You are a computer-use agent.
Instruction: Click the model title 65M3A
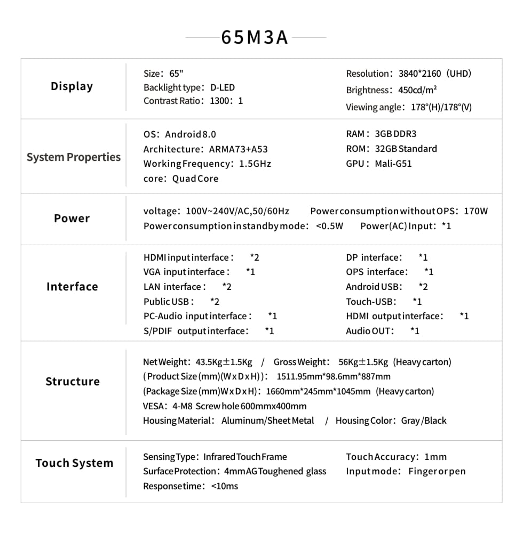(x=255, y=38)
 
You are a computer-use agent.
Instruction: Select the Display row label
(x=72, y=86)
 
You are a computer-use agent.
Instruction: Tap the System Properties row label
(x=74, y=157)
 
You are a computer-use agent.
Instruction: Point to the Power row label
(x=72, y=219)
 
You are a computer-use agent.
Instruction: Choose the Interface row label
(x=72, y=287)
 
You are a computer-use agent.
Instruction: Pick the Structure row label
(x=73, y=382)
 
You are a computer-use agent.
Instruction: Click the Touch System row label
(x=74, y=463)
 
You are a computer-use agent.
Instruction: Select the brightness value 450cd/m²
(x=418, y=90)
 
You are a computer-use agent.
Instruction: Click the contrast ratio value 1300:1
(x=226, y=101)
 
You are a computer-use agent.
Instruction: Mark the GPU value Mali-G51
(x=393, y=164)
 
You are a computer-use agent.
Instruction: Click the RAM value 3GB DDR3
(x=395, y=134)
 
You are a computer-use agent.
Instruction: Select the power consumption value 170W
(x=476, y=211)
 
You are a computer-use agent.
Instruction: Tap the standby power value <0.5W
(x=330, y=226)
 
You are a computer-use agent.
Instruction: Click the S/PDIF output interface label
(x=195, y=331)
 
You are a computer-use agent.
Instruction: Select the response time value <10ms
(x=225, y=486)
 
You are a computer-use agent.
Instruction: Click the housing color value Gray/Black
(x=424, y=421)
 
